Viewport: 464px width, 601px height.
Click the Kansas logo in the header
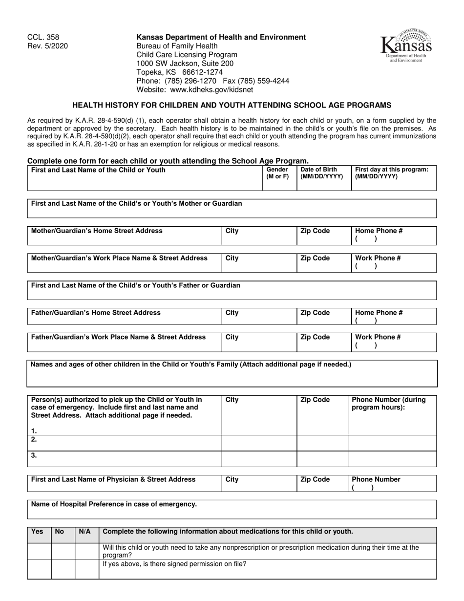[x=406, y=45]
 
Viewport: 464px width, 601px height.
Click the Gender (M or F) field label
[x=277, y=173]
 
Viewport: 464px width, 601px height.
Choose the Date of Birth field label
[x=322, y=173]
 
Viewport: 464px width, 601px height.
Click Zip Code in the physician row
[x=315, y=479]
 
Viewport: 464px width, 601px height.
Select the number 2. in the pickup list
[x=34, y=440]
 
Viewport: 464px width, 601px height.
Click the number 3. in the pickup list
[x=34, y=455]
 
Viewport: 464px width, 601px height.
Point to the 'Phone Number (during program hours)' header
[x=389, y=404]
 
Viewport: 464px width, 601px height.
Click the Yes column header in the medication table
[x=37, y=532]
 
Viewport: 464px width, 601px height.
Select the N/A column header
[x=84, y=532]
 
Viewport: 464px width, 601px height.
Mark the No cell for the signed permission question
[x=63, y=569]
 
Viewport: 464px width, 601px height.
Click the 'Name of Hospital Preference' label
[x=114, y=504]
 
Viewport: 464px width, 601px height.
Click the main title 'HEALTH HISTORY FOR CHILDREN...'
[x=232, y=105]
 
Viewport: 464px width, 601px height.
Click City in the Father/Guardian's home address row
[x=232, y=313]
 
